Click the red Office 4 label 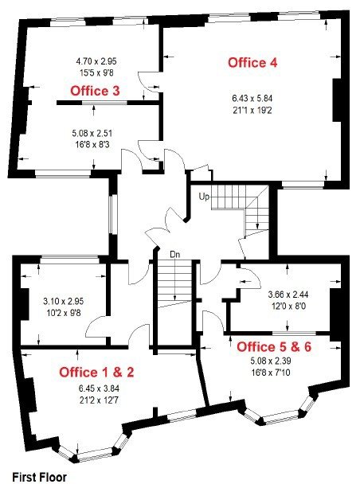point(252,63)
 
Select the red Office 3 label point(95,91)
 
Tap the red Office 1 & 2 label point(96,373)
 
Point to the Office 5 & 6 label point(274,347)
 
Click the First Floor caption point(40,477)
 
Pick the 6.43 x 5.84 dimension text point(252,99)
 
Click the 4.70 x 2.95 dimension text point(96,61)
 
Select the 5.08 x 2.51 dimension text point(92,134)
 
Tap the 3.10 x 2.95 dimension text point(64,301)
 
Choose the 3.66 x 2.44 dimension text point(288,294)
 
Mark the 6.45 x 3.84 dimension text point(99,388)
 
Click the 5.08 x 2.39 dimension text point(271,361)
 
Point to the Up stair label point(204,197)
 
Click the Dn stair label point(174,255)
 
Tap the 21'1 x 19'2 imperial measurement point(252,111)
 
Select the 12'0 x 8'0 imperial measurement point(288,306)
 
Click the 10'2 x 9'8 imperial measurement point(64,313)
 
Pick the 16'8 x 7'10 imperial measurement point(271,373)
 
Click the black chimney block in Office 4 point(337,100)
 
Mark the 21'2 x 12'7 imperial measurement point(99,400)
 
